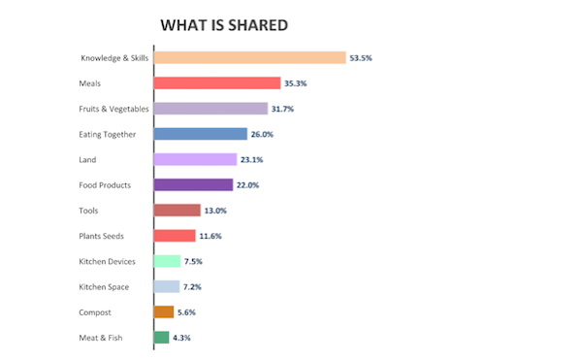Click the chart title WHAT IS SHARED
(x=224, y=25)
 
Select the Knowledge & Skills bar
(x=250, y=58)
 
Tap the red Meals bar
(x=217, y=83)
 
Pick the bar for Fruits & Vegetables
(x=210, y=109)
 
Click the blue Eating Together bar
(x=201, y=134)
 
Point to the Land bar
(x=196, y=159)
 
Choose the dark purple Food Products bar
(x=194, y=184)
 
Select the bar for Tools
(x=178, y=211)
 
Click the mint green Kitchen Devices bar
(x=168, y=261)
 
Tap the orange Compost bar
(x=164, y=312)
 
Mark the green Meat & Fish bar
(x=162, y=338)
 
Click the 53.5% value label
(x=361, y=58)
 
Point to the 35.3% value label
(x=296, y=83)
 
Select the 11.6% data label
(x=210, y=236)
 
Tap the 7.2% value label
(x=192, y=287)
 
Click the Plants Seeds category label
(x=101, y=236)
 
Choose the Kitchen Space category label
(x=104, y=287)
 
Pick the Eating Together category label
(x=108, y=134)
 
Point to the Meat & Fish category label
(x=101, y=338)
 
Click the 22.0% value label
(x=247, y=185)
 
